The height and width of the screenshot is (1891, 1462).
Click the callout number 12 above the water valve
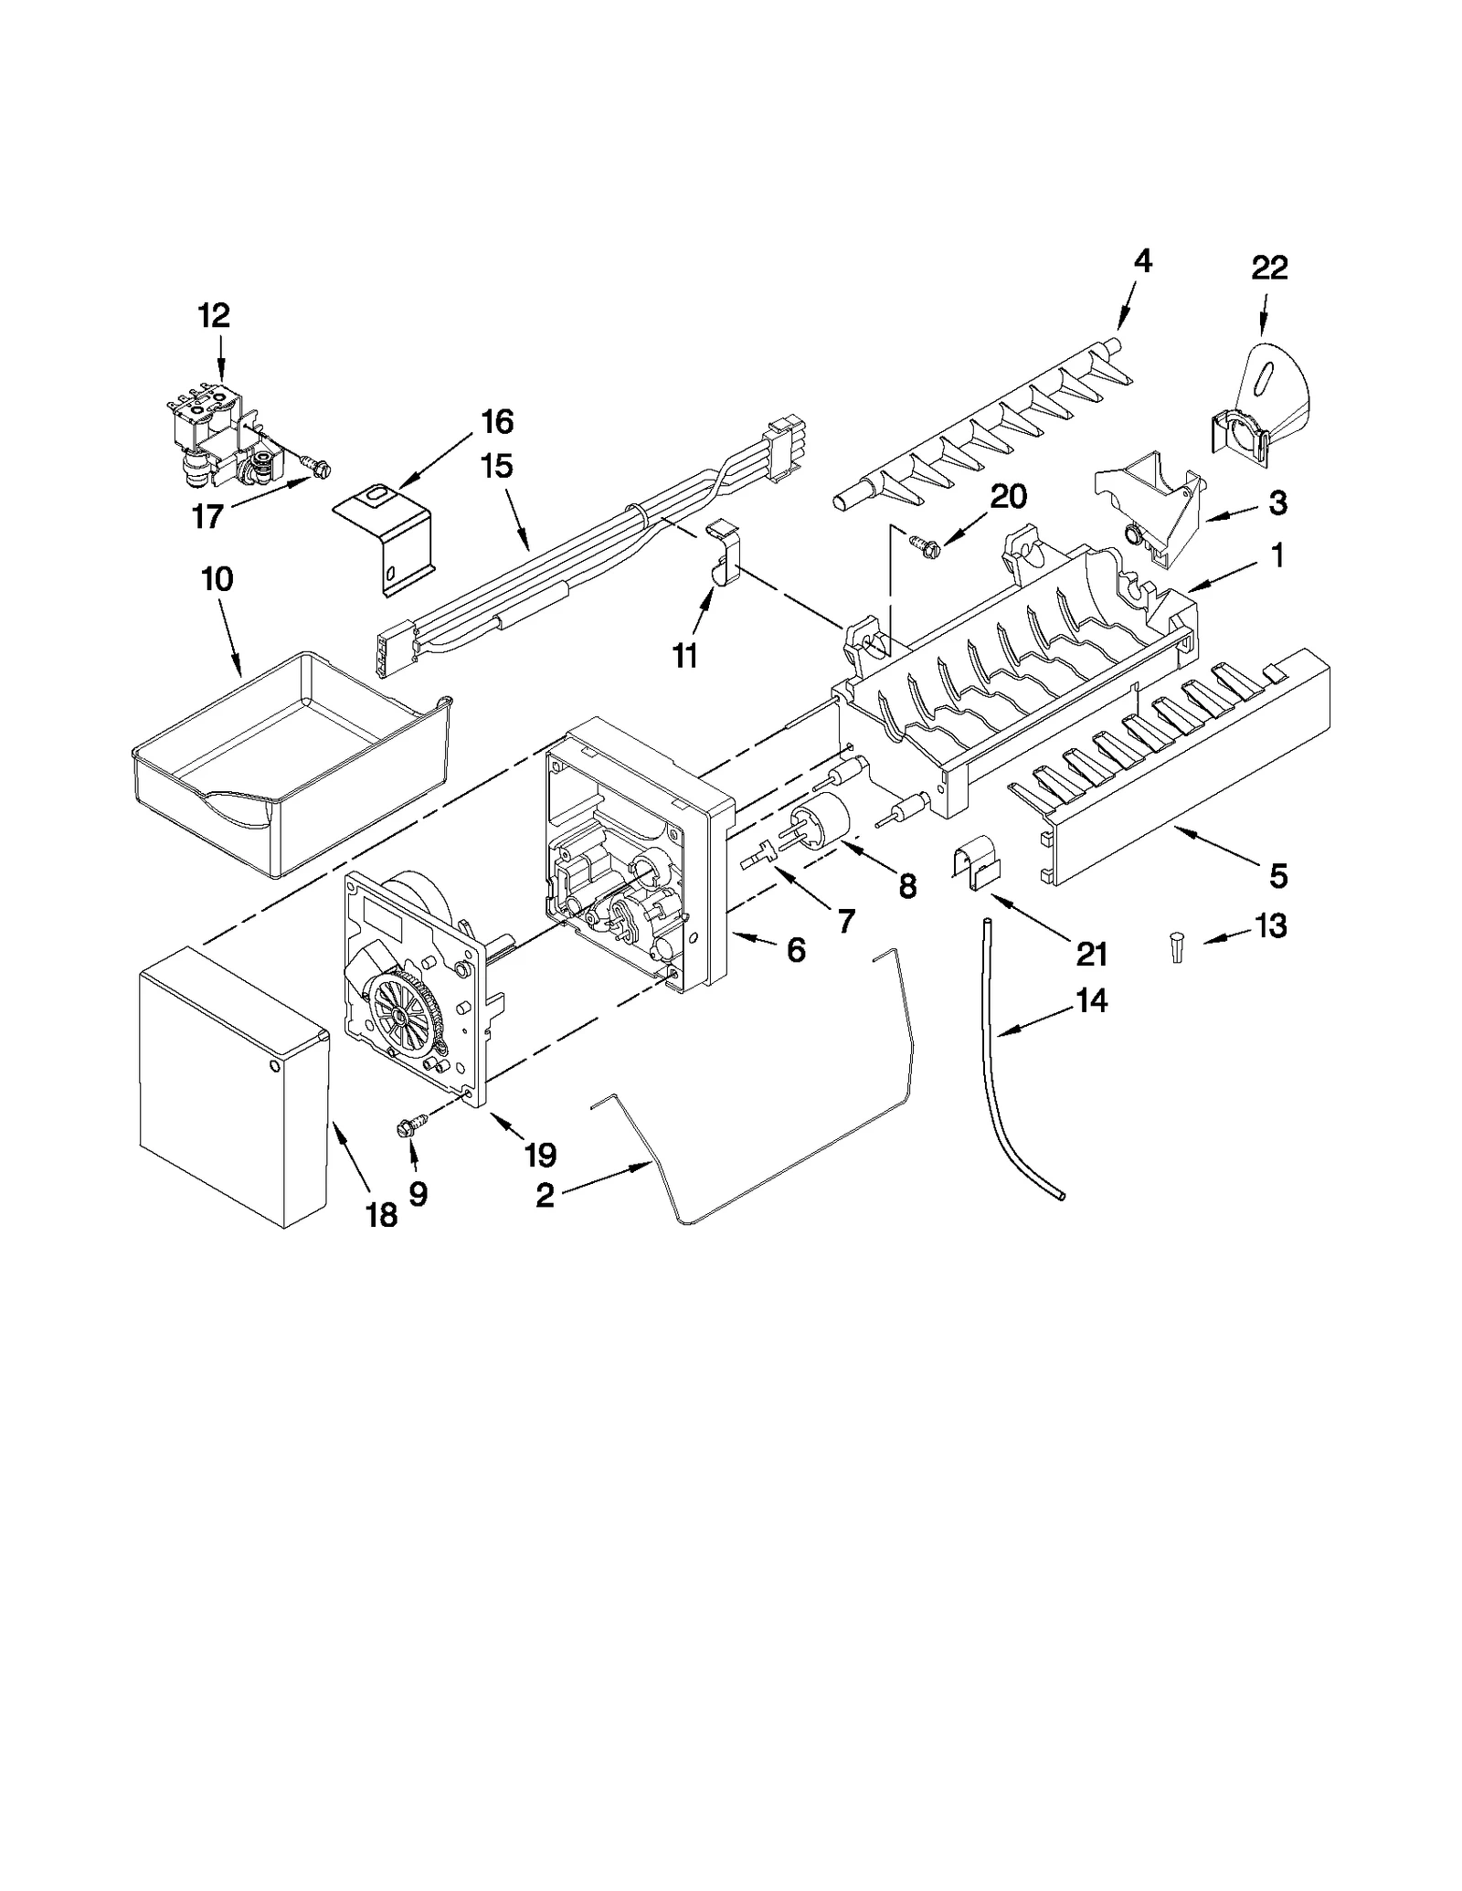[214, 316]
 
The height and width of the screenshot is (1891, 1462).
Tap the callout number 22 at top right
[1269, 268]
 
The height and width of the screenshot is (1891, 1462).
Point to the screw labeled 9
[402, 1128]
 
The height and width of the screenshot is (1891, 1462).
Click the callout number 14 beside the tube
[1091, 1000]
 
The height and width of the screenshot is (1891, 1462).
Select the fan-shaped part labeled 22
[1266, 393]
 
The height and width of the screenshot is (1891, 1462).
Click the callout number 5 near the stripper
[1278, 876]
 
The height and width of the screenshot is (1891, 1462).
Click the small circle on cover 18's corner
[277, 1066]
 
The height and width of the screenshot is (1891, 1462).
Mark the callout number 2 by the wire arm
[545, 1196]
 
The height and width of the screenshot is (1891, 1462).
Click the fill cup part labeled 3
[1150, 507]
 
